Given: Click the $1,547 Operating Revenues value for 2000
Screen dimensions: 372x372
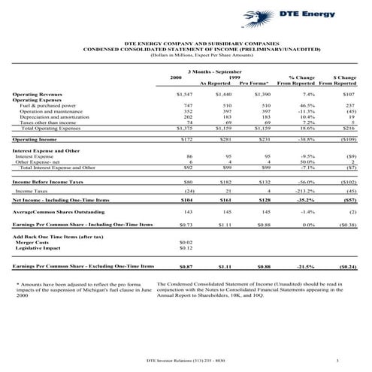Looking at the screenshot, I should [184, 95].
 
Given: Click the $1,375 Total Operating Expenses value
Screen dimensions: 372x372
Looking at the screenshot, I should [184, 129].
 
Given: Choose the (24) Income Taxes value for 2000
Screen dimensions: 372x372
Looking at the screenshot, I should [189, 192].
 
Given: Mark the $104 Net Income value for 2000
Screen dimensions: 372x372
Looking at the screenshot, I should [187, 201].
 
